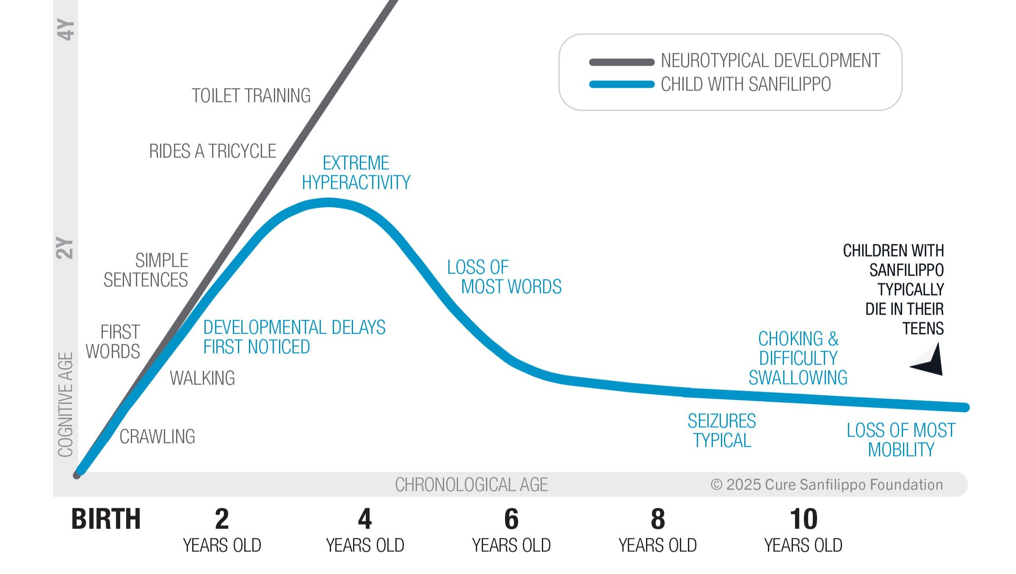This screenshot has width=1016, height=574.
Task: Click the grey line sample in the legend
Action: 621,62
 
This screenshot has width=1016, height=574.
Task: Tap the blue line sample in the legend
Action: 621,84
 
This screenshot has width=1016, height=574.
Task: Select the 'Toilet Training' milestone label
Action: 251,96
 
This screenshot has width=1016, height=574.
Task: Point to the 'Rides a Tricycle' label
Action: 213,151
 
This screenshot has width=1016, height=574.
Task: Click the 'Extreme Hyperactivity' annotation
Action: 356,173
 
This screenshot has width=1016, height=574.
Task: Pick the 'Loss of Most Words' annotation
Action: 504,277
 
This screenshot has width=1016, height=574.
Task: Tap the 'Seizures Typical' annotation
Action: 722,431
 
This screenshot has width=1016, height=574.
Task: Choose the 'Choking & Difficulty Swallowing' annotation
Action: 798,358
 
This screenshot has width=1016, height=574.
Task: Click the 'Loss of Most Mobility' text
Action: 901,440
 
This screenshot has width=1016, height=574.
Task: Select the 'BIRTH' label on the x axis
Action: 106,519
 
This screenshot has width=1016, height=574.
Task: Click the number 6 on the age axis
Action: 511,519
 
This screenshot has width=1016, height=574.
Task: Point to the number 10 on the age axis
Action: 803,519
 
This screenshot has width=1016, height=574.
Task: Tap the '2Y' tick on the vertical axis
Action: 65,248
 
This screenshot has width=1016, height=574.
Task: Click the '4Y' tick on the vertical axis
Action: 66,30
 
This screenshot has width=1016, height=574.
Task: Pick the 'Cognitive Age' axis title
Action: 66,405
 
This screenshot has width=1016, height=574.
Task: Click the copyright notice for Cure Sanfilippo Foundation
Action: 826,485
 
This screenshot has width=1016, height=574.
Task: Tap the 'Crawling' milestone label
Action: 157,437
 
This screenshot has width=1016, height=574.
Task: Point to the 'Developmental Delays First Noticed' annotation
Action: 294,337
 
